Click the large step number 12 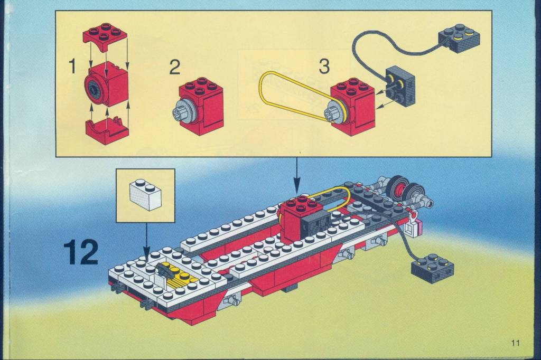(81, 253)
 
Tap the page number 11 (516, 343)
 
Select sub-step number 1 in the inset (72, 66)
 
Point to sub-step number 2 (174, 67)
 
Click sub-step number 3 (324, 66)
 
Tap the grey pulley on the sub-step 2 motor (184, 110)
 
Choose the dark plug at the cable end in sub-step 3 (459, 38)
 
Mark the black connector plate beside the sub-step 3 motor (400, 84)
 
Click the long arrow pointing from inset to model (297, 175)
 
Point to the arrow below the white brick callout (147, 240)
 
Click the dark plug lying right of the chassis (432, 268)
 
